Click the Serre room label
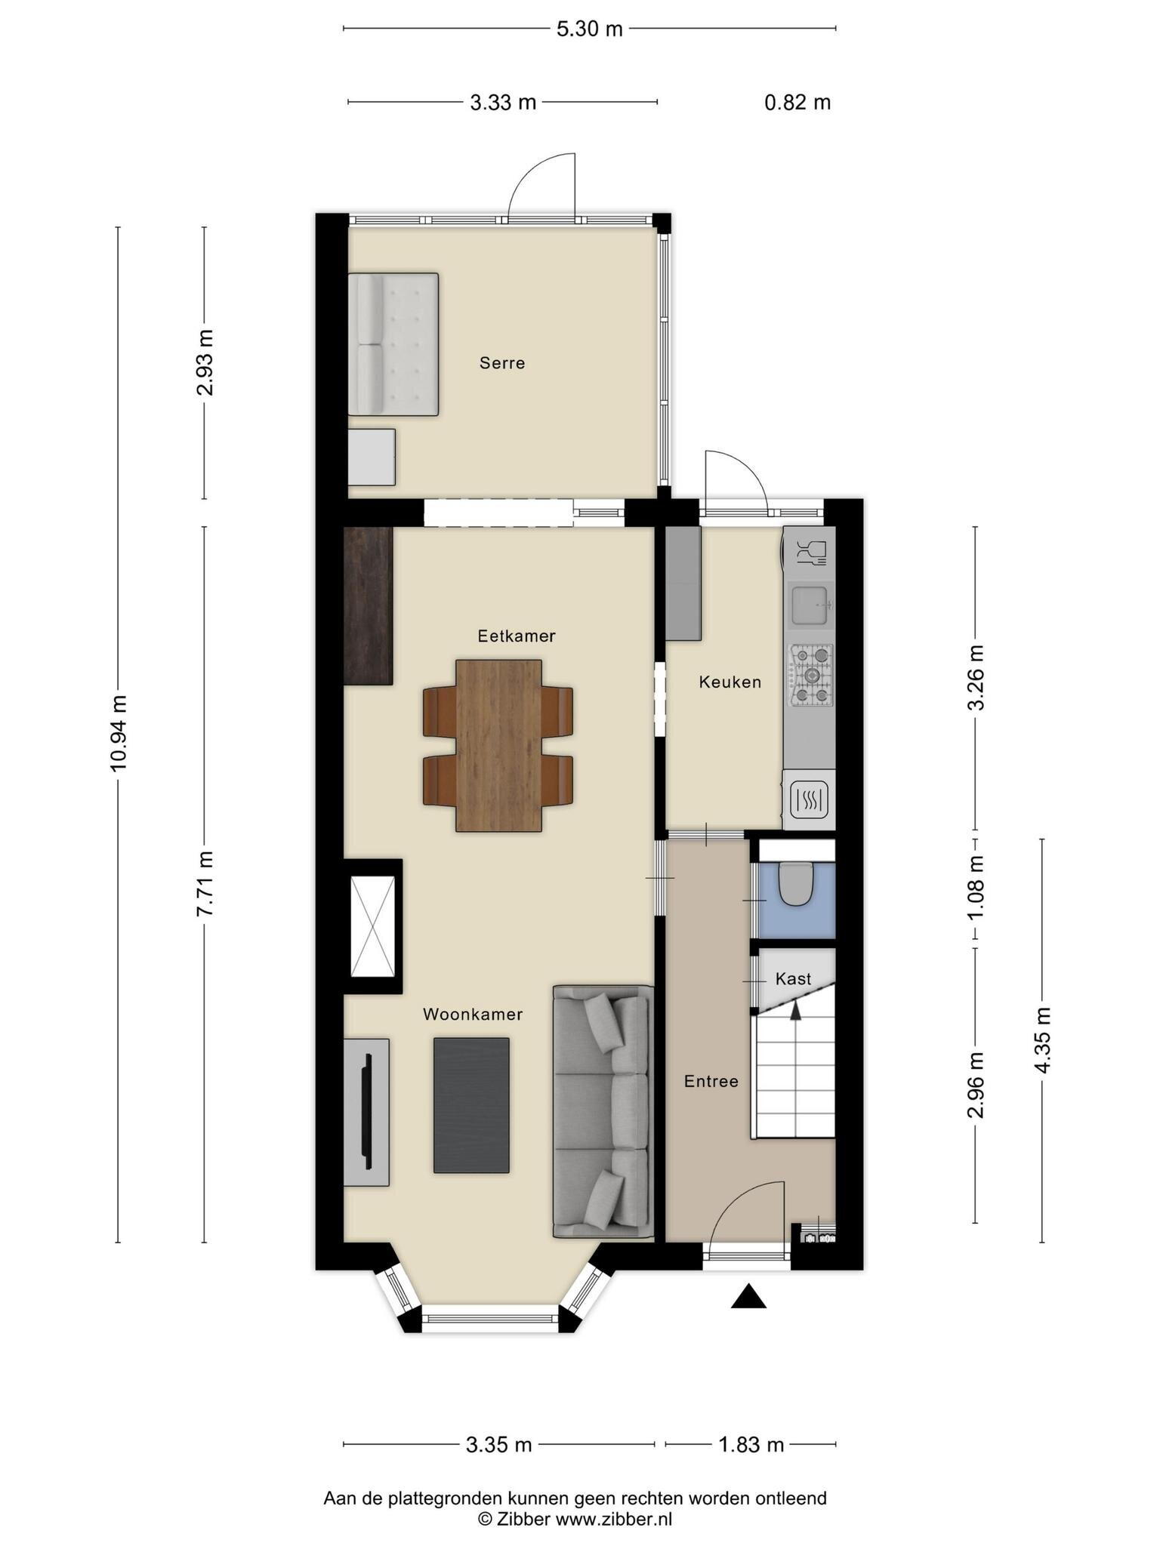(502, 363)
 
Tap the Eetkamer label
(517, 636)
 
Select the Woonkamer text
(473, 1015)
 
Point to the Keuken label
(730, 682)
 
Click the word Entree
(711, 1082)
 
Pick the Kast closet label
(794, 979)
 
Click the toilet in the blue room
(794, 884)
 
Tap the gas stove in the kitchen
(811, 675)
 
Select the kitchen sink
(811, 605)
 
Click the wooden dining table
(498, 746)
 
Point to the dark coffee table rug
(471, 1105)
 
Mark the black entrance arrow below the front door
(748, 1296)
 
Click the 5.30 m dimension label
(590, 29)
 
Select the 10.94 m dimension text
(119, 732)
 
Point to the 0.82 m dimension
(797, 103)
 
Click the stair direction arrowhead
(795, 1012)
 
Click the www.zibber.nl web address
(614, 1513)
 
